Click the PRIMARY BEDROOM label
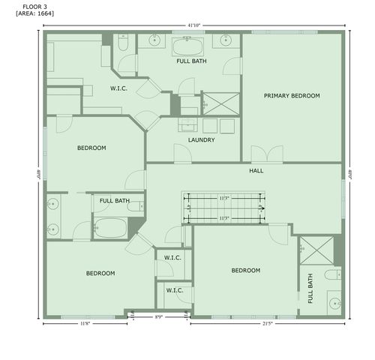(x=292, y=96)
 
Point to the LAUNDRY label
(x=202, y=139)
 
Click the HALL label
(x=256, y=171)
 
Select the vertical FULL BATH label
(x=310, y=288)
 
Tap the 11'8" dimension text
(x=87, y=323)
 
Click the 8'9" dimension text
(x=158, y=317)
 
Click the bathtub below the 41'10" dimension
(x=187, y=48)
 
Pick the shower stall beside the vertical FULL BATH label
(x=315, y=250)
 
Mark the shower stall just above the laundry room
(x=221, y=103)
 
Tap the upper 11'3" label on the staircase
(x=223, y=198)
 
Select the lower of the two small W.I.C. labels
(x=175, y=290)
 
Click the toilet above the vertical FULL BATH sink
(x=333, y=275)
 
